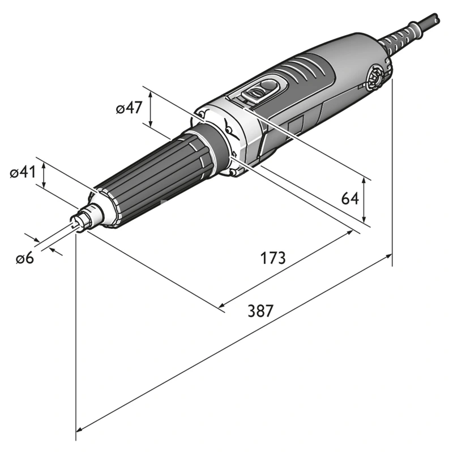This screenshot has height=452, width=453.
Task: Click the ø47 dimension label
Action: tap(129, 108)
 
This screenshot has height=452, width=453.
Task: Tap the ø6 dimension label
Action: tap(25, 258)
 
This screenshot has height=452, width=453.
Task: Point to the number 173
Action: tap(273, 258)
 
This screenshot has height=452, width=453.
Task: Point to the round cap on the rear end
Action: tap(374, 78)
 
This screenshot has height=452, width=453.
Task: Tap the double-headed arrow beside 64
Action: tap(365, 199)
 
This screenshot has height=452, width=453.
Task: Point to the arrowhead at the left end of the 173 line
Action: tap(222, 306)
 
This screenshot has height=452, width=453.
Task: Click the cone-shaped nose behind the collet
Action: tap(95, 211)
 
